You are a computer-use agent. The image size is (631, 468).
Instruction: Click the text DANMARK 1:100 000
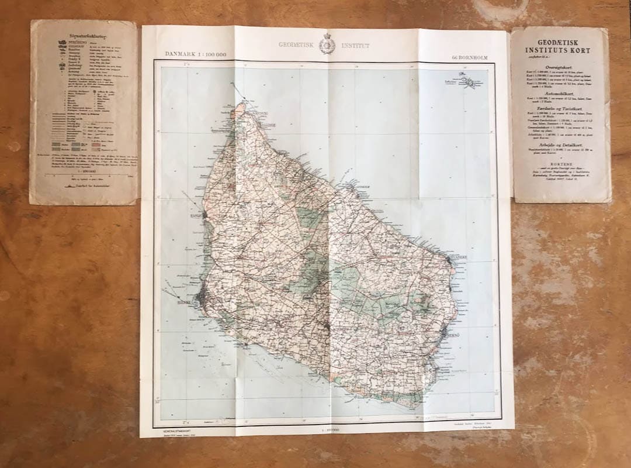(x=196, y=55)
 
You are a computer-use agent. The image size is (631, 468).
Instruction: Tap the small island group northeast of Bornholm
(x=471, y=84)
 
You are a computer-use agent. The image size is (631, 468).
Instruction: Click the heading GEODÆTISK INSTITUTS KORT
(x=559, y=46)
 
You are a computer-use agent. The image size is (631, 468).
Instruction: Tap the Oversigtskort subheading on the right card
(x=559, y=68)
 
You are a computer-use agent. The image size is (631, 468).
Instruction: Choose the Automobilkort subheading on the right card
(x=559, y=93)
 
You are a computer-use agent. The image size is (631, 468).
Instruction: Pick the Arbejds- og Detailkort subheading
(x=559, y=144)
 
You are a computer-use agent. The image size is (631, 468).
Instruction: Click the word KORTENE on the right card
(x=559, y=166)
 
